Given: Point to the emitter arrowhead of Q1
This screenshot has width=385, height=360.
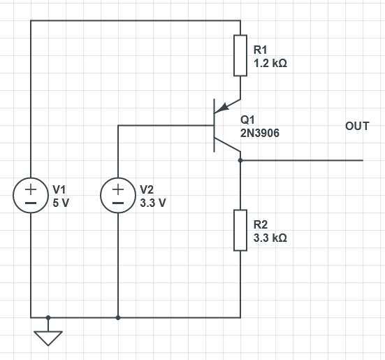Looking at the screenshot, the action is tap(223, 108).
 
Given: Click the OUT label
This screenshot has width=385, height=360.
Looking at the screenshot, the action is tap(357, 126).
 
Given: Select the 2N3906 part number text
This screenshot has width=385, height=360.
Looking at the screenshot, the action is tap(260, 134).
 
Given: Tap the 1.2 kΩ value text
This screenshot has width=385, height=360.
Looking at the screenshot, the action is tap(270, 64).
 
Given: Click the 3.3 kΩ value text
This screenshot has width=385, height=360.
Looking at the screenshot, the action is tap(270, 238).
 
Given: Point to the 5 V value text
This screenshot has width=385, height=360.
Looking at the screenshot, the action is tap(61, 203).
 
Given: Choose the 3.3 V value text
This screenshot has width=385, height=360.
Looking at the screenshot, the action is tap(153, 203).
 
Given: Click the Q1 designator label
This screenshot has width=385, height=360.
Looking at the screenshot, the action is tap(247, 120).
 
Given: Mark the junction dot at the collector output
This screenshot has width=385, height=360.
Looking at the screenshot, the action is tap(240, 160).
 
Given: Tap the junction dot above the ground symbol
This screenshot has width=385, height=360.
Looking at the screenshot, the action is tap(48, 317).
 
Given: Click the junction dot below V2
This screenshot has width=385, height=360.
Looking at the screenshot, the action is tap(118, 317).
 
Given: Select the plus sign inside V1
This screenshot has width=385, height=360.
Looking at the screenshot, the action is tap(31, 189).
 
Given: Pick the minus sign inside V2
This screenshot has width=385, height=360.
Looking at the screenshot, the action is tap(118, 203).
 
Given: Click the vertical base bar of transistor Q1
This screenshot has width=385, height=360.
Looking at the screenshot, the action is tap(215, 126).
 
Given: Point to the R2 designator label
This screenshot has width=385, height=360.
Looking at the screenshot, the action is tap(260, 224).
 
